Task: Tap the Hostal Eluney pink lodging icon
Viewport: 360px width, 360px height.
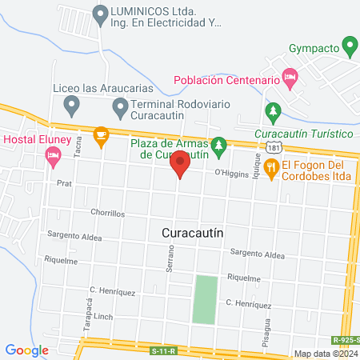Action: point(54,158)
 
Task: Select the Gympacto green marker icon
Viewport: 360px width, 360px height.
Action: point(348,44)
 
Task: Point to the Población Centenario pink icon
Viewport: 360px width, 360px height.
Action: point(290,79)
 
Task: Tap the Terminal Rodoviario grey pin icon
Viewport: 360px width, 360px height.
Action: point(120,106)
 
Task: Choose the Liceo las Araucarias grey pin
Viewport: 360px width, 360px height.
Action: point(70,104)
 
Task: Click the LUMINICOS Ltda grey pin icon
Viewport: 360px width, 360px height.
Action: point(100,14)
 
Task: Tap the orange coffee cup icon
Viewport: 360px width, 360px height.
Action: point(101,136)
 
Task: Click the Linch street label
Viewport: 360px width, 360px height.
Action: point(103,317)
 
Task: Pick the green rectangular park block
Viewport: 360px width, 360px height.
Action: point(205,299)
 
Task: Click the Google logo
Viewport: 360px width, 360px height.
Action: point(26,350)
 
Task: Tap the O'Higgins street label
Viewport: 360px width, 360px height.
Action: point(231,172)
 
